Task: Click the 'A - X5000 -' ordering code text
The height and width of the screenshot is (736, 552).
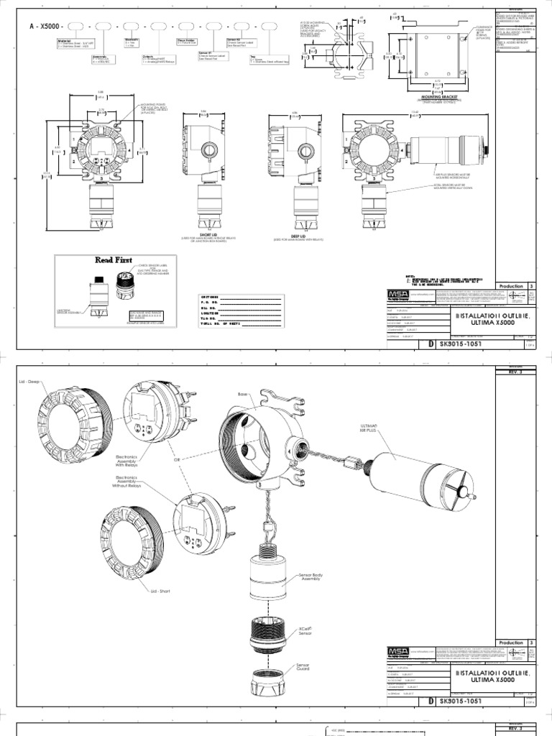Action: pyautogui.click(x=46, y=27)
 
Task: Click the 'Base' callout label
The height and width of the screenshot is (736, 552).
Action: pyautogui.click(x=242, y=395)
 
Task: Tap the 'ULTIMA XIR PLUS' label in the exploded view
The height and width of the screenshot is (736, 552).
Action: pyautogui.click(x=369, y=428)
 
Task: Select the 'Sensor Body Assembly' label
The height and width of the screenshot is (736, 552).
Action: pyautogui.click(x=310, y=576)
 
